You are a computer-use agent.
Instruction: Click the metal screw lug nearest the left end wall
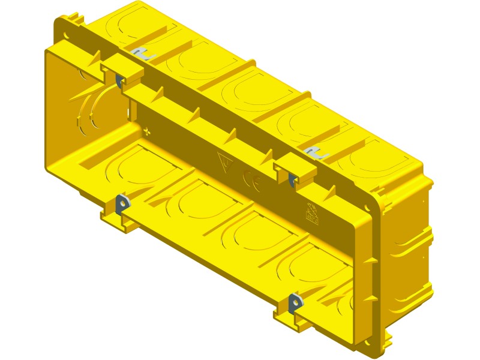122,204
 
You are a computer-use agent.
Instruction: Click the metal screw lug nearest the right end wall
296,303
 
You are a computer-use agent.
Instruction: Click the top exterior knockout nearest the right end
372,159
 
